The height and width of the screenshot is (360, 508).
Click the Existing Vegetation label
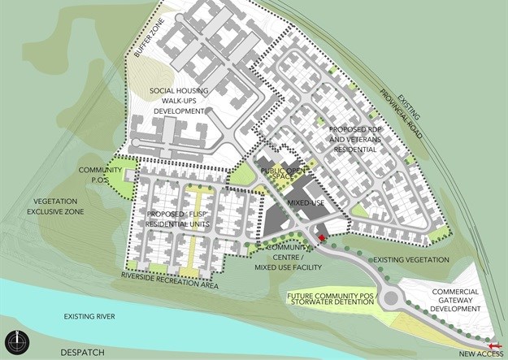point(410,259)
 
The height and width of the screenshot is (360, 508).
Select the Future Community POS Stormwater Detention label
point(332,301)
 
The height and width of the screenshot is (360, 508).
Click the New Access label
point(479,353)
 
